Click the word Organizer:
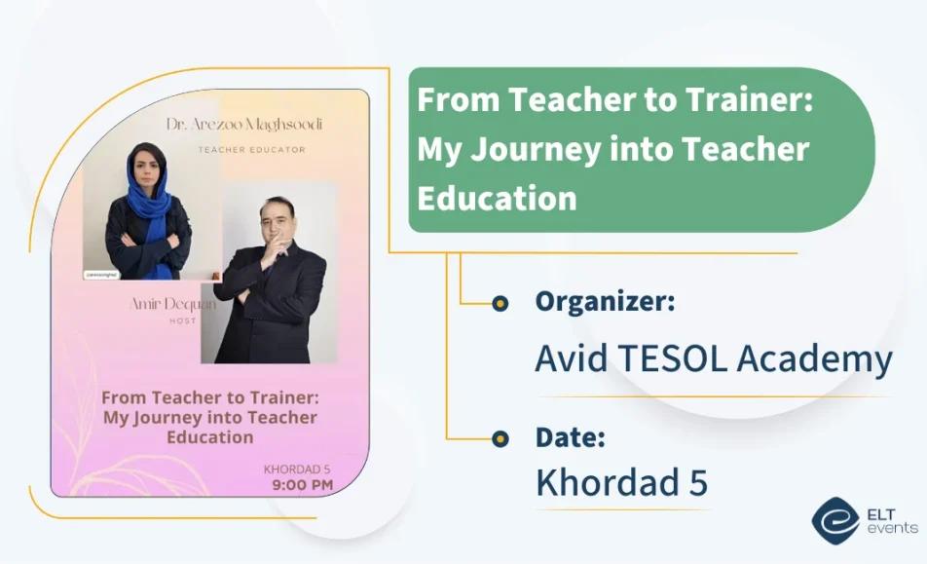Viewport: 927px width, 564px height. tap(605, 302)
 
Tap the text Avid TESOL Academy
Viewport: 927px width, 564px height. tap(713, 359)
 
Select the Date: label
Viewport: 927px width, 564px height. tap(571, 438)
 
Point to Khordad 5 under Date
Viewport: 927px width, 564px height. tap(621, 483)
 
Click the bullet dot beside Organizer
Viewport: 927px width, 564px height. tap(500, 304)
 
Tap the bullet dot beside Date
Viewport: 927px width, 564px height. tap(500, 438)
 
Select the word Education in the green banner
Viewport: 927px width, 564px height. tap(497, 198)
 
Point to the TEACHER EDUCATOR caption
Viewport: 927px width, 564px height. tap(251, 150)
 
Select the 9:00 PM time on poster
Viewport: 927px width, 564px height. tap(303, 483)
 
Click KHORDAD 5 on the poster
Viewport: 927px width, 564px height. tap(298, 469)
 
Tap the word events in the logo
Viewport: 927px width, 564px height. tap(893, 527)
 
